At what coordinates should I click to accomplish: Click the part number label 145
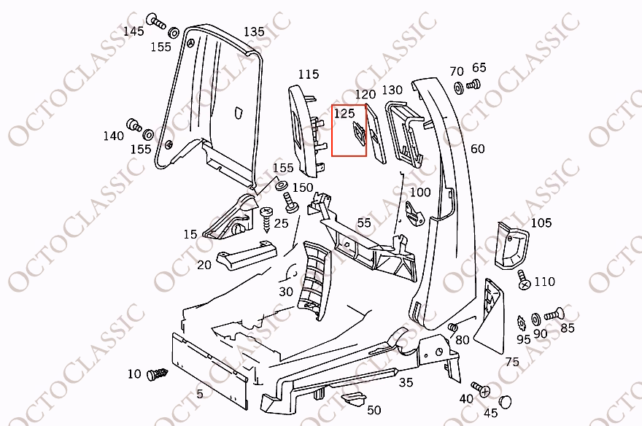(x=134, y=31)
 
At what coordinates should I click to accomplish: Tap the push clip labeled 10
(x=158, y=373)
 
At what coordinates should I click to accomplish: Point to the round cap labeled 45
(x=506, y=401)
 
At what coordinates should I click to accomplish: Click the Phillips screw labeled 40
(x=480, y=390)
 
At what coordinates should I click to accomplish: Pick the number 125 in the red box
(x=344, y=113)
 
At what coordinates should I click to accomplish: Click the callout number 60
(x=477, y=149)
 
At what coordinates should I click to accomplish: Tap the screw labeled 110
(x=523, y=279)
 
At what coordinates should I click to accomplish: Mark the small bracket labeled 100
(x=415, y=213)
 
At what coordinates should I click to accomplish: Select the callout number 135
(x=255, y=31)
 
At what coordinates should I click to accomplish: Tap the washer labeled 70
(x=458, y=88)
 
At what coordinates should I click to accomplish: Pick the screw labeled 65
(x=473, y=85)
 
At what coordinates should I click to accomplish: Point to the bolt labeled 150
(x=289, y=203)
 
